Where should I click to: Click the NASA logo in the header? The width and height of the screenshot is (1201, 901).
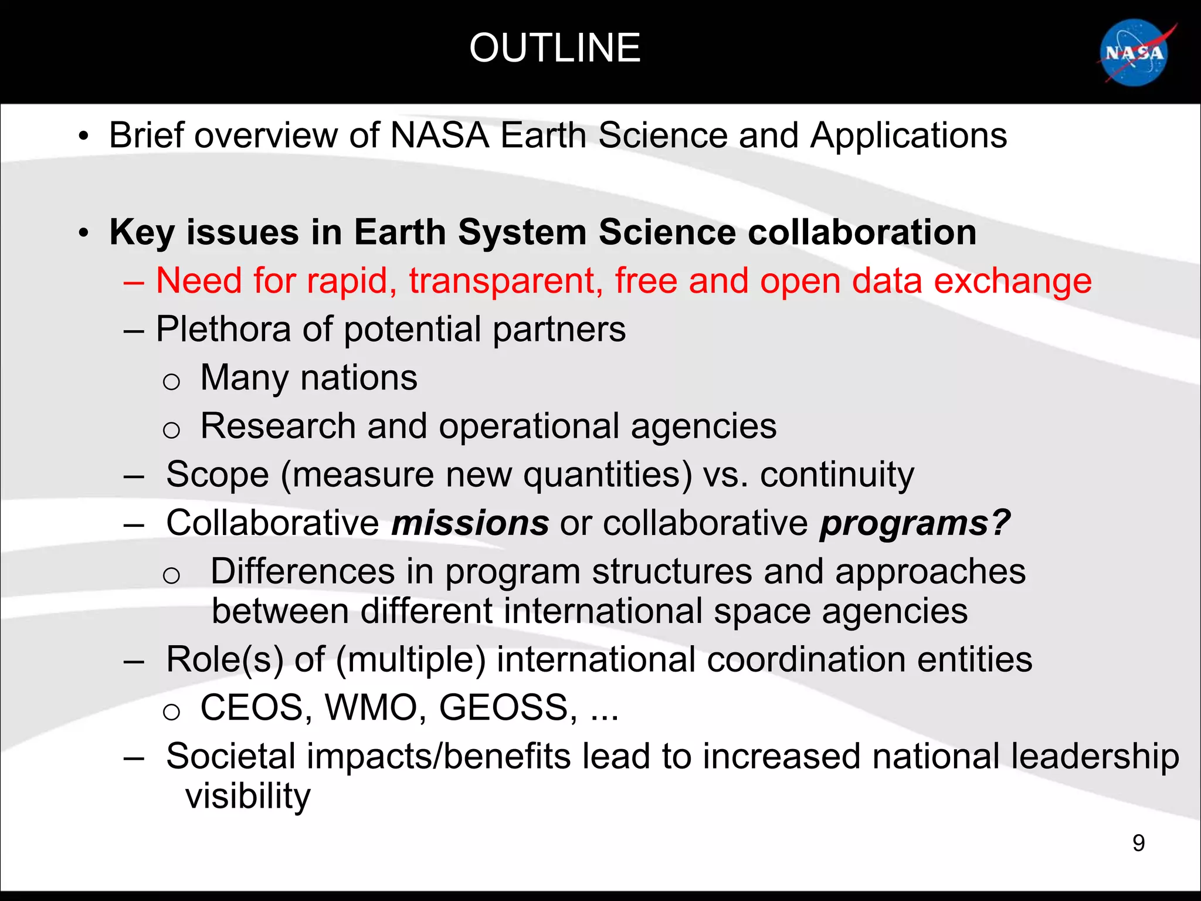pyautogui.click(x=1135, y=53)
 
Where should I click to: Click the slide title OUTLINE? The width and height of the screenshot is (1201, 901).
pyautogui.click(x=555, y=48)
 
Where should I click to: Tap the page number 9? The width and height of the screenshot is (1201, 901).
pyautogui.click(x=1138, y=843)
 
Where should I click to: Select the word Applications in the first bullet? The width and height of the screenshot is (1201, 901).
pyautogui.click(x=908, y=136)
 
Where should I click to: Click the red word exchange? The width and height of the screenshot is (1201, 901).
pyautogui.click(x=1012, y=281)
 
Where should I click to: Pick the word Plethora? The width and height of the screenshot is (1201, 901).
pyautogui.click(x=223, y=329)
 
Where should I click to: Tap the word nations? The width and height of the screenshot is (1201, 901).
pyautogui.click(x=359, y=378)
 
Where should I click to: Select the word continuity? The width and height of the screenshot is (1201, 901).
pyautogui.click(x=837, y=475)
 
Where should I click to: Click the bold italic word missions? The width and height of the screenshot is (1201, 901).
pyautogui.click(x=470, y=523)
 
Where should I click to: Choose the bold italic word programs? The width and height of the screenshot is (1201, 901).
pyautogui.click(x=915, y=523)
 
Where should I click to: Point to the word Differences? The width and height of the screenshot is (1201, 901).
pyautogui.click(x=303, y=571)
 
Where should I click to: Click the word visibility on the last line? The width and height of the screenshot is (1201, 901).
pyautogui.click(x=247, y=796)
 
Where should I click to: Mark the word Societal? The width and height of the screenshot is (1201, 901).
pyautogui.click(x=230, y=756)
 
